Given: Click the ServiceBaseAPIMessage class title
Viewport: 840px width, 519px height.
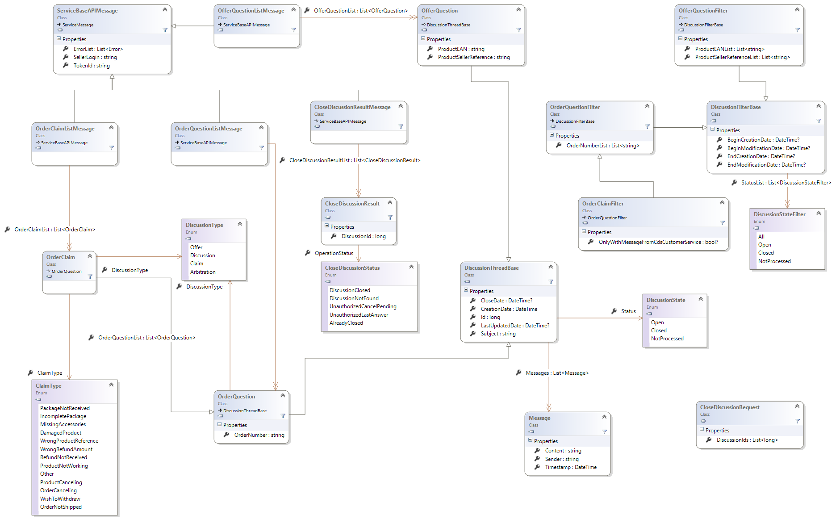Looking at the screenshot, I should (87, 11).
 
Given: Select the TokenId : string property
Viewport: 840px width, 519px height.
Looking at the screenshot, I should (91, 66).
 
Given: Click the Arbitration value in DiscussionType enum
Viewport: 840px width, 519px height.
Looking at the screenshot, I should (203, 272).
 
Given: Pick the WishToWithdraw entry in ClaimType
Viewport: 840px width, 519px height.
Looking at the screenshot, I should (60, 499).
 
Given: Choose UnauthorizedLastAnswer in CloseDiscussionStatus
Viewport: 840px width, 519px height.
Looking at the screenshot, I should (359, 315).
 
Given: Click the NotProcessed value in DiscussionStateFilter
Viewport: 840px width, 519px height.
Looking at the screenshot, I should (774, 261).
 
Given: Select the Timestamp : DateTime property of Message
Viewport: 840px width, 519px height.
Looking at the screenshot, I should (570, 467).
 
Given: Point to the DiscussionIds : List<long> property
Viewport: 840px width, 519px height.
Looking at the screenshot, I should (747, 440).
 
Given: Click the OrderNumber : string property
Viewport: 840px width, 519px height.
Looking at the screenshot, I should (259, 435).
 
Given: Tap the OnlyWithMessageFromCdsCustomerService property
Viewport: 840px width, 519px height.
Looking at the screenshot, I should (658, 242).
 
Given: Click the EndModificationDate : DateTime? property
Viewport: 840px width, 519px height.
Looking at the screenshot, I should (766, 165).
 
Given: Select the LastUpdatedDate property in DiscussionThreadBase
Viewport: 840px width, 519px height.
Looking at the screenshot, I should (514, 326).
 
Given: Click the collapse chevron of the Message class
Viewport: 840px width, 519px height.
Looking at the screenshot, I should (604, 417).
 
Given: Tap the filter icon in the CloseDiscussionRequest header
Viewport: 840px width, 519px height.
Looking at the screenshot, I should (797, 421).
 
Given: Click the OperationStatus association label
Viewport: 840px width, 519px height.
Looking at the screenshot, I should (334, 253).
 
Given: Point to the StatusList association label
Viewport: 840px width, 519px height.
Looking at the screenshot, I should (786, 183).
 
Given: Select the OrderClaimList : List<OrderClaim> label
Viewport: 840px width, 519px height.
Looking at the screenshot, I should (54, 230).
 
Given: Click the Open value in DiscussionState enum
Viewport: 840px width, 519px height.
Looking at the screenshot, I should (657, 322).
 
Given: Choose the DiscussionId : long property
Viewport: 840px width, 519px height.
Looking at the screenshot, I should (363, 236).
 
